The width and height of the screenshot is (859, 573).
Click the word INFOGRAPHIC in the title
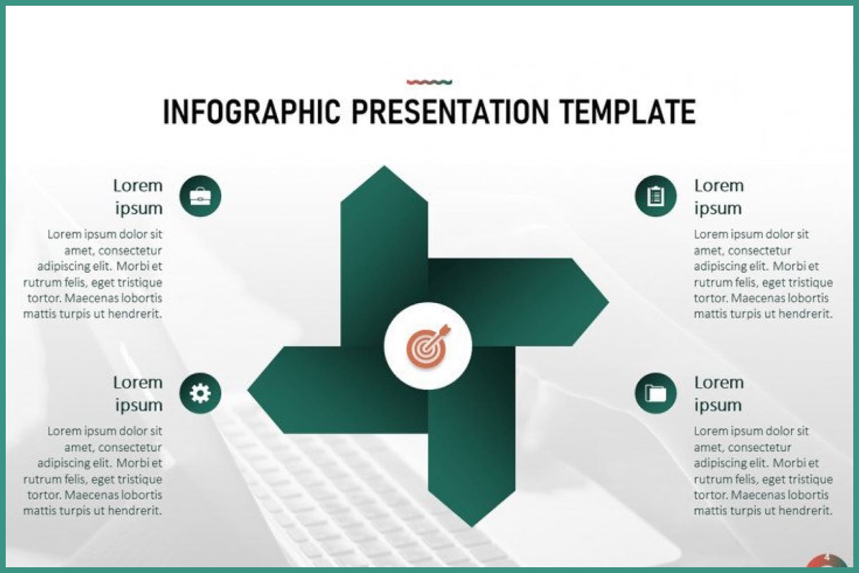coord(252,112)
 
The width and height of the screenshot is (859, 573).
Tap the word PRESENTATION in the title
coord(450,112)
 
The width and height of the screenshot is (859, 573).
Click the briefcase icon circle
coord(200,196)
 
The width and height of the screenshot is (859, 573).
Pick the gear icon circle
coord(200,393)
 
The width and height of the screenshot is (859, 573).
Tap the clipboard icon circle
coord(656,196)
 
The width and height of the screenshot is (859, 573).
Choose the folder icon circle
coord(656,393)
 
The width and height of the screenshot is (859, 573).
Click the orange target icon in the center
coord(428,346)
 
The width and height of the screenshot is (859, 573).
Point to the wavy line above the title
coord(429,82)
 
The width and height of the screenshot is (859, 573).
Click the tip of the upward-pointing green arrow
coord(384,166)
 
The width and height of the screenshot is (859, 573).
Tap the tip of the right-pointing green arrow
coord(609,303)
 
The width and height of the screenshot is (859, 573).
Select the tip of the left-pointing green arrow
coord(248,390)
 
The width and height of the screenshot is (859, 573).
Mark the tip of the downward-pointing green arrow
coord(472,527)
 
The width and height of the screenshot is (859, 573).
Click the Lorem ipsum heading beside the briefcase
coord(138,197)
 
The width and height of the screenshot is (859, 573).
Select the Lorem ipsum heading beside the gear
coord(138,394)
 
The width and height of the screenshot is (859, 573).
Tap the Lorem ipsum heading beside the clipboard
coord(719,197)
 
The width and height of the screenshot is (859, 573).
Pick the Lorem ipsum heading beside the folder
coord(719,394)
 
